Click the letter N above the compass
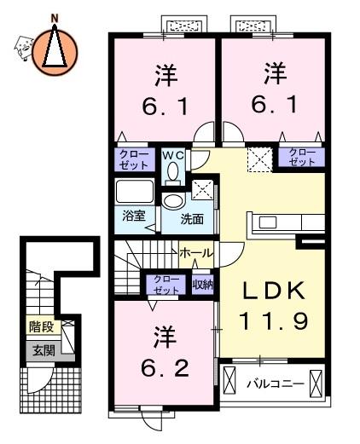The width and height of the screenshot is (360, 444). point(54,19)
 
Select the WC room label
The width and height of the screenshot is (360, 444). point(173,155)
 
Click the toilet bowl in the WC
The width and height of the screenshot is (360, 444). point(172,171)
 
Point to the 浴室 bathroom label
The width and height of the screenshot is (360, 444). point(134,216)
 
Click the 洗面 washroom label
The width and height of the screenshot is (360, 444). point(192,219)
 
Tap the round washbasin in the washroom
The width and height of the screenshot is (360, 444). point(173,201)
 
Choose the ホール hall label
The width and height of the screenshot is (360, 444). point(196,253)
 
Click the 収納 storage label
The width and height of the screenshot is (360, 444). point(203,285)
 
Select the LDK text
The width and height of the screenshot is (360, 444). point(274,291)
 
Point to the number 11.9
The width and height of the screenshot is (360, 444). point(274,321)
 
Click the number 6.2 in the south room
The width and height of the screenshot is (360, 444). point(165,368)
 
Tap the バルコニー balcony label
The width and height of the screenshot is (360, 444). point(276,384)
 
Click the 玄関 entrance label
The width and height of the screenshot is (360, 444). point(44,351)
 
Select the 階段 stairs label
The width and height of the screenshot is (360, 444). point(42,326)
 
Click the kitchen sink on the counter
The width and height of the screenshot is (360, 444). point(268,222)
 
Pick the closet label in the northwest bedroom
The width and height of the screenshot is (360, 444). point(134,160)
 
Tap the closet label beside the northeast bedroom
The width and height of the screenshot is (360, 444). point(302,158)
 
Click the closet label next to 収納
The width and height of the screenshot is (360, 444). point(166,285)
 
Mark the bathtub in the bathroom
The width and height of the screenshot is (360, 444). point(135,191)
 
